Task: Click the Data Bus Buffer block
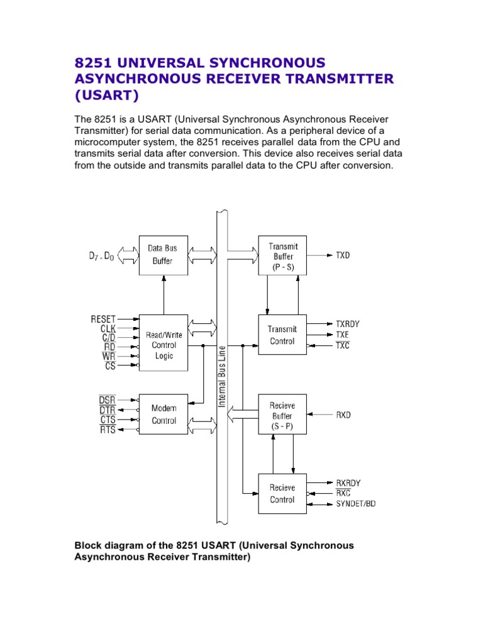[x=163, y=255]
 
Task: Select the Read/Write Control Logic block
[x=163, y=345]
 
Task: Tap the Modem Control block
[x=164, y=414]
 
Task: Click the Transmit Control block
[x=283, y=335]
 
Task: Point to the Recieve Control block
[x=282, y=494]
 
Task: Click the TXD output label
[x=343, y=256]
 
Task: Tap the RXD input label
[x=343, y=415]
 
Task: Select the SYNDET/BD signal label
[x=357, y=504]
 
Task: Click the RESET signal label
[x=103, y=319]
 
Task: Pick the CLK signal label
[x=108, y=328]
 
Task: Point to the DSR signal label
[x=107, y=400]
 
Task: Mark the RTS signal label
[x=108, y=430]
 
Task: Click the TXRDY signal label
[x=348, y=324]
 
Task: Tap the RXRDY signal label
[x=348, y=483]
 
